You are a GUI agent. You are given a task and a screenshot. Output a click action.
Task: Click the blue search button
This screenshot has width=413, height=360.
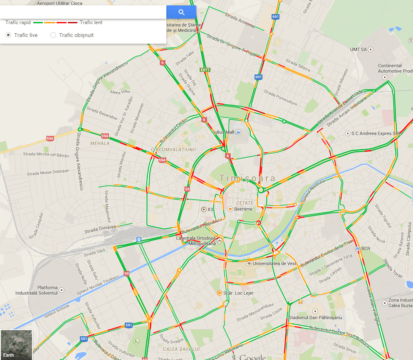pos(181,12)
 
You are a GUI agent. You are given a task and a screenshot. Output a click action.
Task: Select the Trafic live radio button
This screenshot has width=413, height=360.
pos(8,35)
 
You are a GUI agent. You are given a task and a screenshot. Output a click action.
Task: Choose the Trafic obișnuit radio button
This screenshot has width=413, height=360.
pos(53,35)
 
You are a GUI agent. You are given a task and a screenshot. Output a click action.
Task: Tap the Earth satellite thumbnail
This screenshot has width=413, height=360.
pos(16,345)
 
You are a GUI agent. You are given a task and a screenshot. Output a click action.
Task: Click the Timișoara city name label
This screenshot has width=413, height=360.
pos(247,178)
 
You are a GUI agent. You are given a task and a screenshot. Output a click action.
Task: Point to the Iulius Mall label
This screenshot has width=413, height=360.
pos(224,132)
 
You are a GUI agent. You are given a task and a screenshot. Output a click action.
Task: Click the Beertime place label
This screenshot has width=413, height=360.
pos(243,209)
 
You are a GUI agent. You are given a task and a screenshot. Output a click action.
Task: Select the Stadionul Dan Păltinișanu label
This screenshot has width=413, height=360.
pos(315,317)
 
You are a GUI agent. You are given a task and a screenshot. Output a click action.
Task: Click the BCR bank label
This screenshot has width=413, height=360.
pos(366,249)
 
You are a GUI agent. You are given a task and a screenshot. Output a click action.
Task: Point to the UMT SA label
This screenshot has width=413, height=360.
pos(358,49)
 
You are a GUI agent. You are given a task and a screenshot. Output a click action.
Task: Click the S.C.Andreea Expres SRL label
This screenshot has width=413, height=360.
pos(376,133)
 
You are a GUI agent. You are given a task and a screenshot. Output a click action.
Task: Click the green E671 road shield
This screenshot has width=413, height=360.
pos(205,70)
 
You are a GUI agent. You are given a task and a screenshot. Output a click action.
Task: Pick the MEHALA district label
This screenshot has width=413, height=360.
pos(100,143)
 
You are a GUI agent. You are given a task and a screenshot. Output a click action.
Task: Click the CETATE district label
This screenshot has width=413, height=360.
pos(245,203)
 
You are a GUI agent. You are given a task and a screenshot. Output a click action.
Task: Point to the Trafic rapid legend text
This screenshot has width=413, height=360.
pos(18,22)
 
